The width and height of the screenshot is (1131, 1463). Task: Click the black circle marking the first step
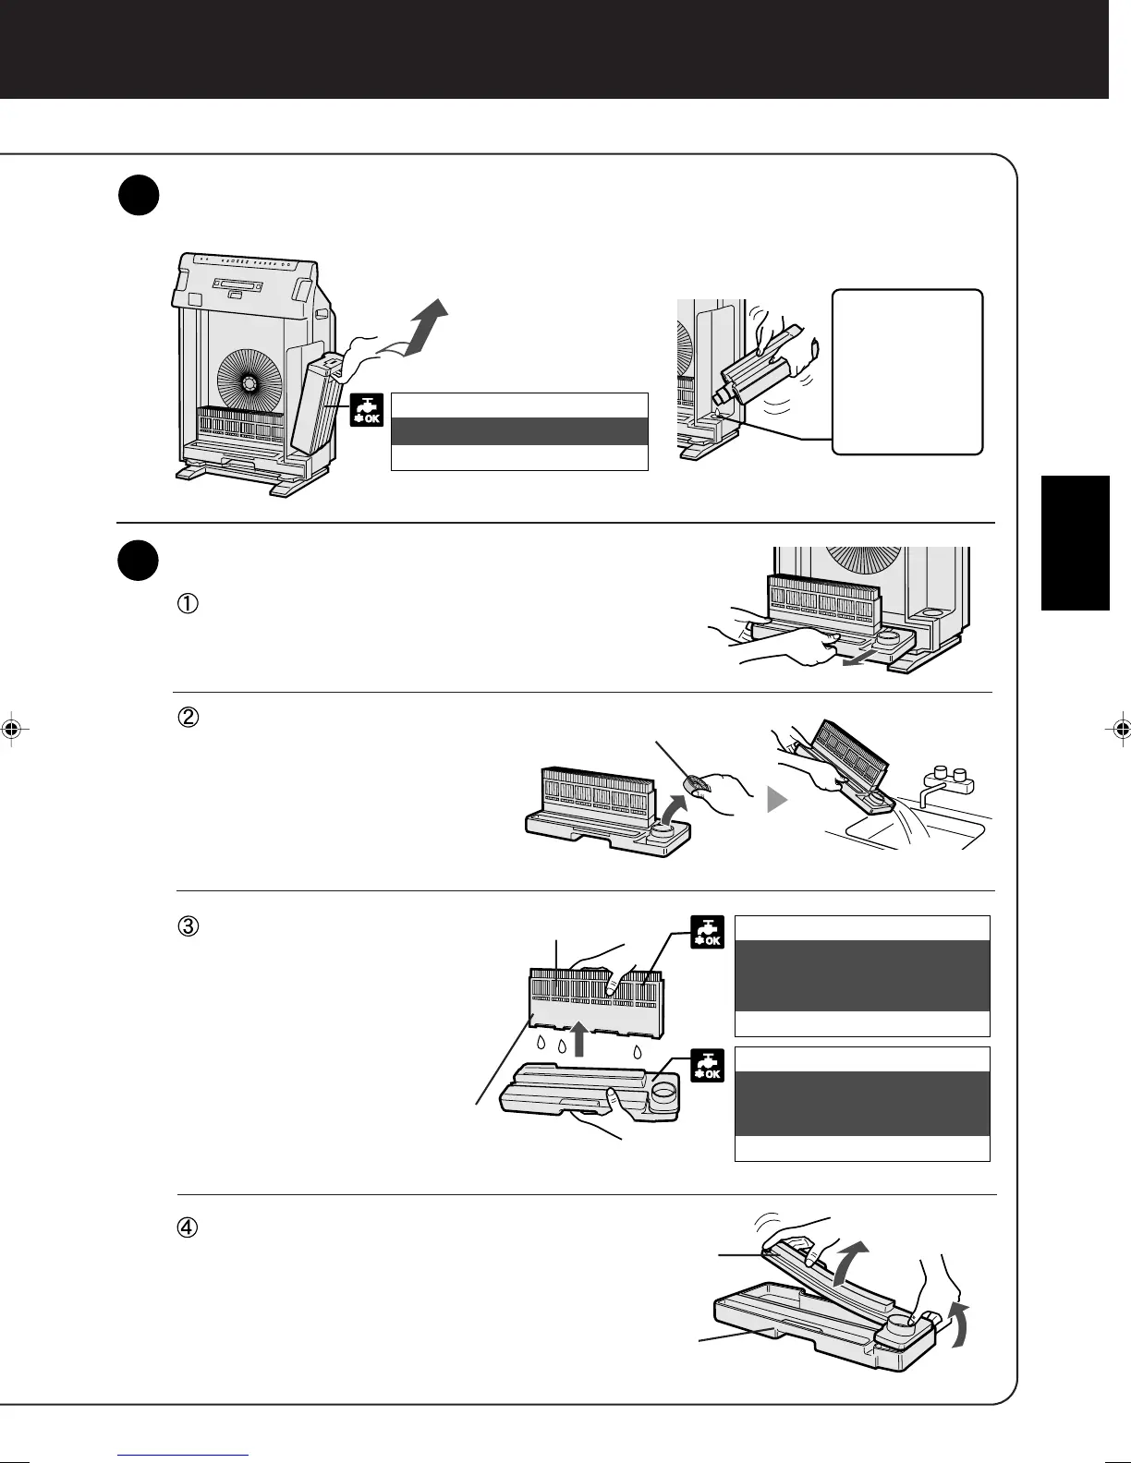139,198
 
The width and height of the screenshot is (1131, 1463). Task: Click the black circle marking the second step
139,562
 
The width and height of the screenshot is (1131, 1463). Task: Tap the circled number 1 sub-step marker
187,604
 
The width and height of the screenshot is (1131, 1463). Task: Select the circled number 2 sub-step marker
188,718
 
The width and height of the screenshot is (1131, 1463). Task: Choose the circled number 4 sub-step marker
188,1228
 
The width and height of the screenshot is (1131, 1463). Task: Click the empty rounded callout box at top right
907,371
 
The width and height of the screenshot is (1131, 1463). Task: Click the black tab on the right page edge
1075,542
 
